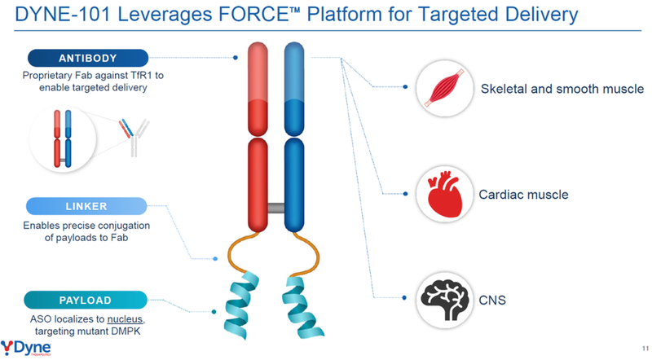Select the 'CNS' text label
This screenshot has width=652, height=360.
[x=494, y=301]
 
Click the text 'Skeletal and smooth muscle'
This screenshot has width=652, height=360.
[x=562, y=88]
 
